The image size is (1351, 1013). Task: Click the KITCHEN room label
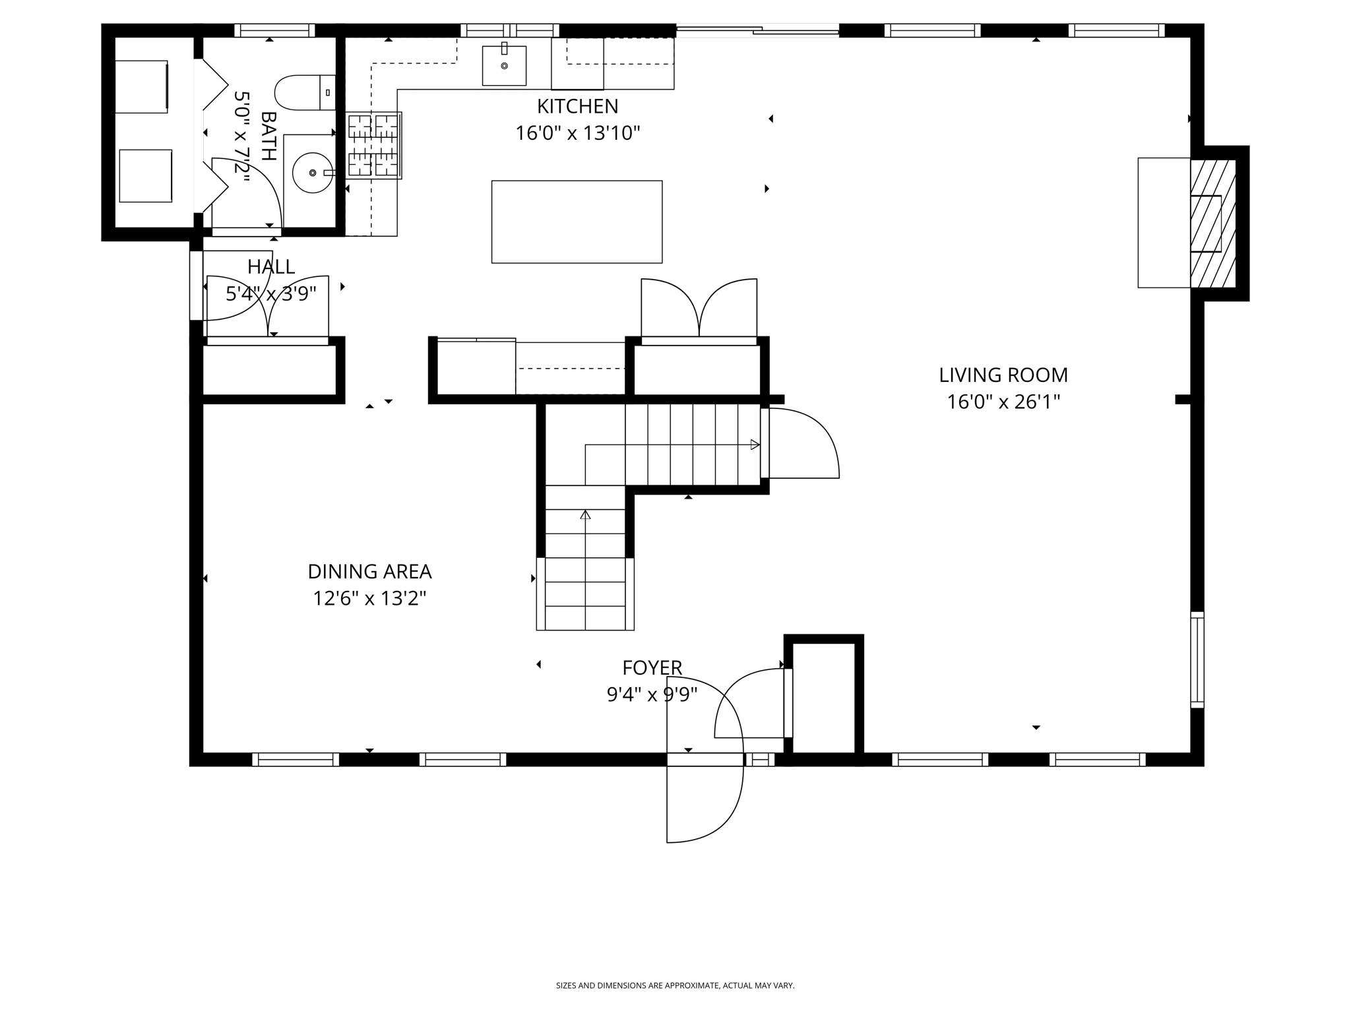point(577,106)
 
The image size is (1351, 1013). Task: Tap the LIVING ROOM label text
point(1003,375)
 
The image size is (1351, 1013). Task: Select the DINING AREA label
point(369,571)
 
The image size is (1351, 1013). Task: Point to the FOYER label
point(652,667)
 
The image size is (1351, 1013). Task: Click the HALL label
point(270,266)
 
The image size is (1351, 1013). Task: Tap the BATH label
point(268,136)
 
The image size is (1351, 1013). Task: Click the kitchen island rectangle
point(577,222)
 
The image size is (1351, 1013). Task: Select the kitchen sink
point(504,65)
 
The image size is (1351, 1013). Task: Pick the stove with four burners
point(374,145)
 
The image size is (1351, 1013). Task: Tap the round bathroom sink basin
point(311,173)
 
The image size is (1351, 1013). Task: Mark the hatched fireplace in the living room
point(1212,224)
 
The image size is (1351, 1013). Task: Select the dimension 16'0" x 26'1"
point(1003,402)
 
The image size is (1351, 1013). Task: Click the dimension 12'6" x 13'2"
point(369,598)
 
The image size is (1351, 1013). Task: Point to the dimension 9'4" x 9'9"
point(652,694)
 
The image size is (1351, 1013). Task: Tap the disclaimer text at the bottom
point(675,985)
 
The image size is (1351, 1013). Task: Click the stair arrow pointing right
point(755,445)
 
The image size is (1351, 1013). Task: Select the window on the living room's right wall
point(1197,660)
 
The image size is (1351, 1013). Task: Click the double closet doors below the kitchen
point(699,310)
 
